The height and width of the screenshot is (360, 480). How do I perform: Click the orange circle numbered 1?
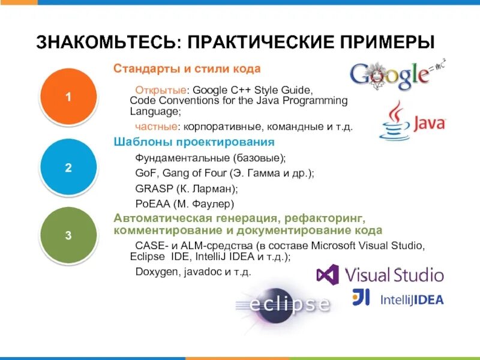click(68, 96)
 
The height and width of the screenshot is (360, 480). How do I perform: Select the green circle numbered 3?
click(68, 235)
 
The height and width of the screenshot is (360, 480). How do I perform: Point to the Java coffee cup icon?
click(394, 121)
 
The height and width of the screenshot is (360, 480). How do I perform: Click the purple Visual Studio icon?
click(328, 275)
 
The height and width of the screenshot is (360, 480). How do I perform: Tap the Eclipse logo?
click(283, 302)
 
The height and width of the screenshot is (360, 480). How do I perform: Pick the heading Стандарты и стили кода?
click(187, 69)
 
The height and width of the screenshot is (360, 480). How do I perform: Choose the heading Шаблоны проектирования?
click(194, 142)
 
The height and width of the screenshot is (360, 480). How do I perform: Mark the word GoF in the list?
click(145, 173)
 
